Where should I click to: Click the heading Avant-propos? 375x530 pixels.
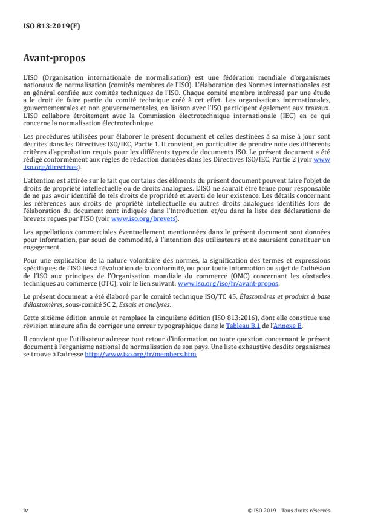[x=54, y=59]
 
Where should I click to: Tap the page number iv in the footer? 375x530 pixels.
[x=25, y=511]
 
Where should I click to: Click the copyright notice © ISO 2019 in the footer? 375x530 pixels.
[x=289, y=511]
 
